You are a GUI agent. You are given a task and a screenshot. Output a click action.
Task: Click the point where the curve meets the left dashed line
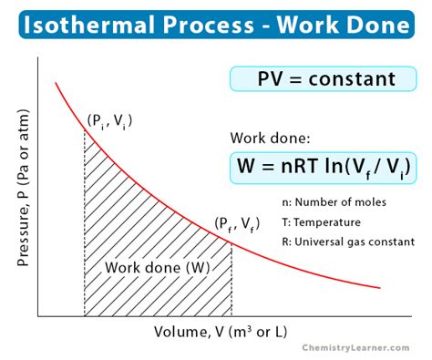coord(85,129)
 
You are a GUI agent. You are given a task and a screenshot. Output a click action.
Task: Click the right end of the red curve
coord(380,288)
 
